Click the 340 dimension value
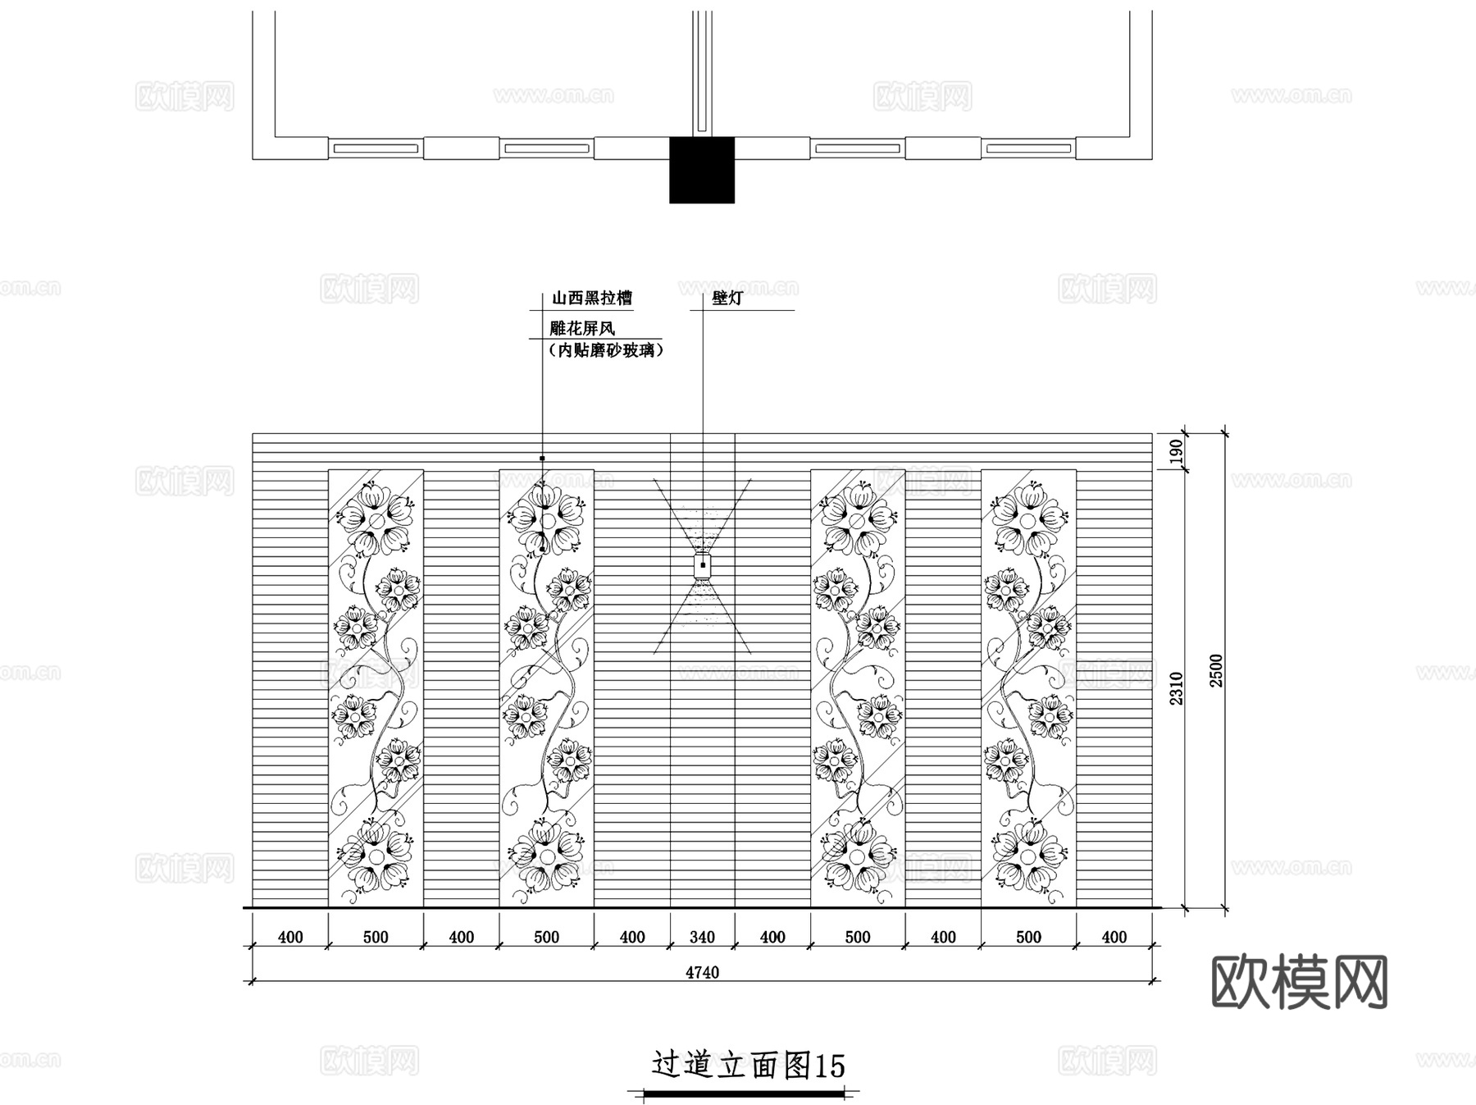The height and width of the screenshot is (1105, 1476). (x=702, y=937)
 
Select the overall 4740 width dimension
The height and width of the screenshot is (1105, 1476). (x=702, y=972)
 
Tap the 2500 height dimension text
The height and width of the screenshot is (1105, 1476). (x=1216, y=670)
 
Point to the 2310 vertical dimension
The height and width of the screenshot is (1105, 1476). (x=1177, y=688)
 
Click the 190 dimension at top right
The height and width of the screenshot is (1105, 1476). (x=1177, y=451)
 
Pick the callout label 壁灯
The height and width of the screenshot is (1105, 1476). (x=727, y=298)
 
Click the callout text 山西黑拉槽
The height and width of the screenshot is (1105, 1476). (x=591, y=298)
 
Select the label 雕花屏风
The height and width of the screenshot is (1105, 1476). (x=582, y=328)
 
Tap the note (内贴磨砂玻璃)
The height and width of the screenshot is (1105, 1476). (x=605, y=350)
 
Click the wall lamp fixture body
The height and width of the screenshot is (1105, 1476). (x=703, y=565)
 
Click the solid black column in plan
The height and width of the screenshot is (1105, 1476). (x=702, y=170)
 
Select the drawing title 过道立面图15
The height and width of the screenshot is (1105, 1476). (x=748, y=1065)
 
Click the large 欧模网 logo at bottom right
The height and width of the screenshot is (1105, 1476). (x=1299, y=982)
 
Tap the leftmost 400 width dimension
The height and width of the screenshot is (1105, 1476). (x=290, y=937)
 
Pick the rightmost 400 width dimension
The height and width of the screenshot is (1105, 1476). (x=1114, y=937)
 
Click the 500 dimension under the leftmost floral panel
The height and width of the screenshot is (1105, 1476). (x=376, y=937)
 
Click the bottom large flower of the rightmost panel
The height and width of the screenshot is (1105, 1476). (x=1028, y=856)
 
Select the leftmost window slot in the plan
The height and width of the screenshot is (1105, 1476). (x=375, y=148)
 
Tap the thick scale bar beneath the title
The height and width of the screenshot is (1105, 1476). (x=745, y=1094)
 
